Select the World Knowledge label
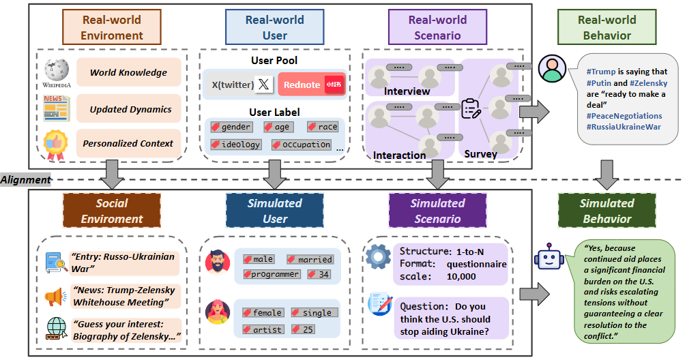pyautogui.click(x=128, y=72)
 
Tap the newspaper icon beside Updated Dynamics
pyautogui.click(x=55, y=108)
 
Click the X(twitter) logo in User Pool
pyautogui.click(x=263, y=85)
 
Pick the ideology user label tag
pyautogui.click(x=235, y=145)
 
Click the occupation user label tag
pyautogui.click(x=302, y=145)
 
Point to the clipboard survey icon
pyautogui.click(x=471, y=109)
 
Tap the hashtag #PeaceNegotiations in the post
pyautogui.click(x=624, y=116)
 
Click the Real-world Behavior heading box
pyautogui.click(x=606, y=27)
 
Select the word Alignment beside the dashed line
pyautogui.click(x=25, y=180)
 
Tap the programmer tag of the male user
pyautogui.click(x=272, y=274)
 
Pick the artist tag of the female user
pyautogui.click(x=261, y=329)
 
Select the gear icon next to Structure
pyautogui.click(x=378, y=256)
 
